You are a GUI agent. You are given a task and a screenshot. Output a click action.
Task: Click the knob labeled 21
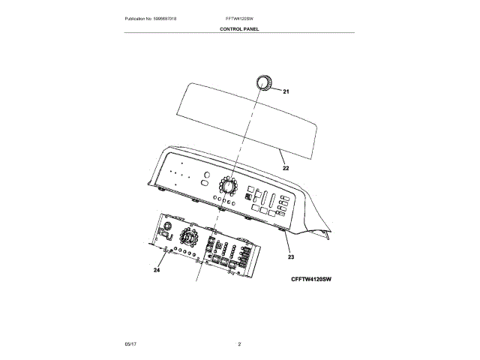[x=262, y=82]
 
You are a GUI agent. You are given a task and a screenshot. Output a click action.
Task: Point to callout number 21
[x=286, y=91]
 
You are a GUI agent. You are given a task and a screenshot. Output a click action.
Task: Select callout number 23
[x=290, y=257]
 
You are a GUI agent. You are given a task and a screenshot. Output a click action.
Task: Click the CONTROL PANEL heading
[x=239, y=28]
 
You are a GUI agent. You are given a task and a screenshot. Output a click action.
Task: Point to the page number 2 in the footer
[x=239, y=343]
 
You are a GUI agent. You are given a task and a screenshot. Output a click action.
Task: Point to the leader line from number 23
[x=287, y=242]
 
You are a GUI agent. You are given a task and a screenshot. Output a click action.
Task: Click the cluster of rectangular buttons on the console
[x=270, y=202]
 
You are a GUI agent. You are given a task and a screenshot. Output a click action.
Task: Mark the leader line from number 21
[x=275, y=88]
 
